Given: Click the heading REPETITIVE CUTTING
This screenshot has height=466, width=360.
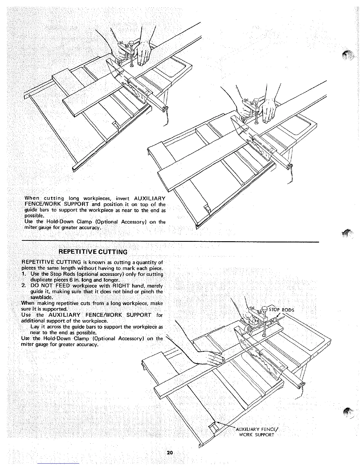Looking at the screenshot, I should pos(93,252).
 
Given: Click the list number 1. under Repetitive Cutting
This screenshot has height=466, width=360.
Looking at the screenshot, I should pos(24,274).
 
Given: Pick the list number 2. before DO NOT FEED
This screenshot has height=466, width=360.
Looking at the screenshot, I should pos(24,286).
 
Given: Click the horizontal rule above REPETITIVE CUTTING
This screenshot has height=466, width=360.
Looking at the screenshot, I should pos(171,242).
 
